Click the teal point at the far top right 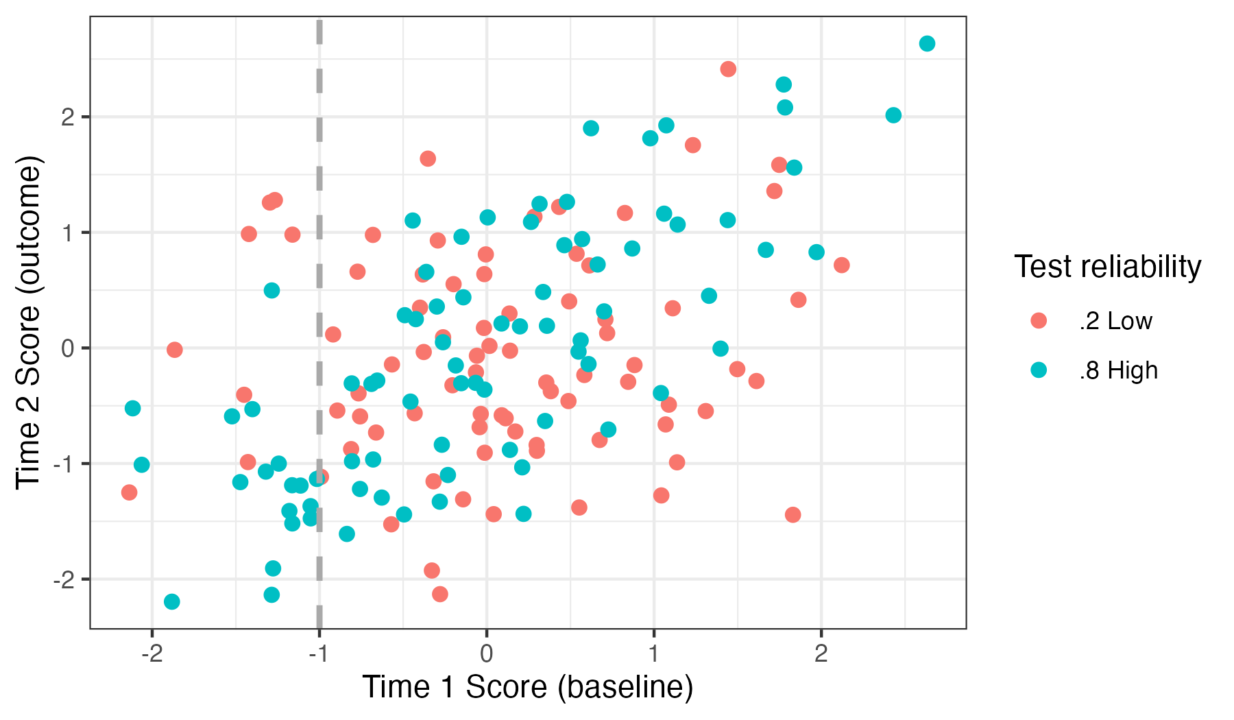click(927, 44)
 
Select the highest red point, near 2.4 click(728, 69)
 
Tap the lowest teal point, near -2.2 click(172, 602)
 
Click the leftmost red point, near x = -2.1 click(129, 492)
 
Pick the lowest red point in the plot click(440, 594)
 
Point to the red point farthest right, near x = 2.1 click(842, 265)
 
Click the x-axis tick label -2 click(152, 654)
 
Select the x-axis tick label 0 click(487, 654)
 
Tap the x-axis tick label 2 click(821, 654)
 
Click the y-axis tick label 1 click(67, 232)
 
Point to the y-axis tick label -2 click(63, 579)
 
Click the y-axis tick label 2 click(67, 117)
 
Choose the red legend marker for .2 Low click(1039, 321)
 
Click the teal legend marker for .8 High click(1039, 370)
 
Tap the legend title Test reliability click(1107, 267)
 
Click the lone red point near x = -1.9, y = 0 click(175, 350)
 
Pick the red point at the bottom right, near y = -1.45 click(793, 515)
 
